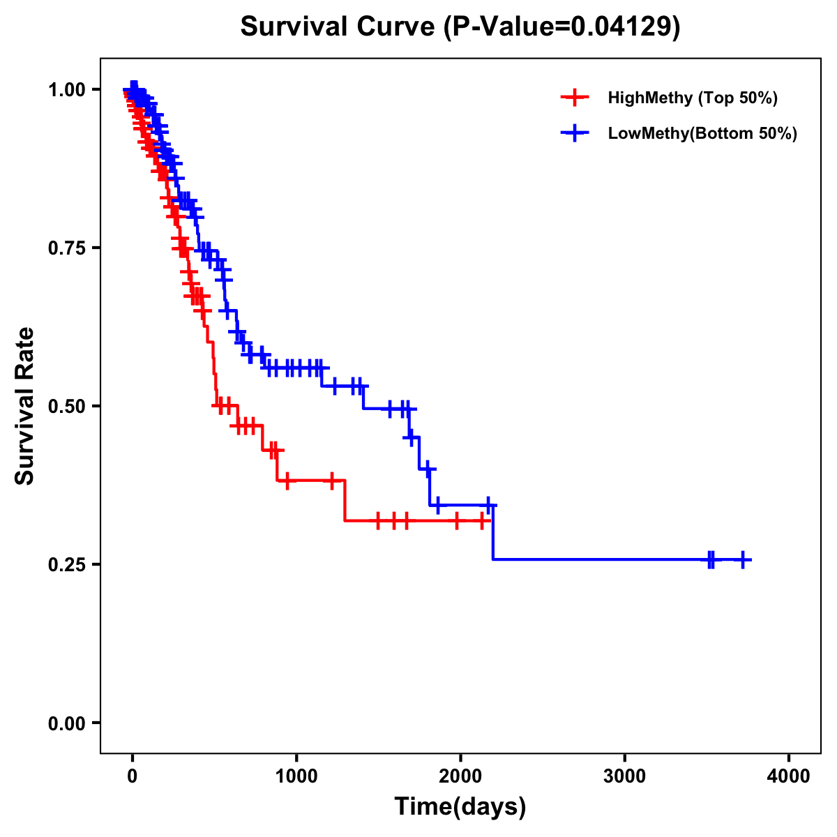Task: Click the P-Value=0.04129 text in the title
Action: click(x=561, y=27)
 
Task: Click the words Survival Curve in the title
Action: click(x=338, y=27)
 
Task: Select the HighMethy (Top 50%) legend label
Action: click(x=693, y=98)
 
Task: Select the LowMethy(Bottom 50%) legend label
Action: click(x=702, y=134)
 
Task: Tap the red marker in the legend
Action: click(x=574, y=98)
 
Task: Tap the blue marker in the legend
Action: click(x=574, y=133)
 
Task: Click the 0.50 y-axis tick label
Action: click(x=67, y=406)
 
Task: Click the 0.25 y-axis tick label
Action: click(x=67, y=564)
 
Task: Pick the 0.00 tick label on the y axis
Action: click(x=67, y=723)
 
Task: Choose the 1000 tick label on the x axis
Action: click(x=296, y=776)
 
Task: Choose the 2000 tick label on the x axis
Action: click(x=460, y=776)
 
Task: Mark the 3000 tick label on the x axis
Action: click(x=624, y=776)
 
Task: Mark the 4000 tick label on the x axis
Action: click(x=789, y=776)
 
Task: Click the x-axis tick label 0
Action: click(x=133, y=776)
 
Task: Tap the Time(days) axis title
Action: click(x=460, y=807)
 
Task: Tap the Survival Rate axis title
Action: click(x=26, y=405)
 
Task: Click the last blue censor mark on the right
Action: click(x=744, y=559)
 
